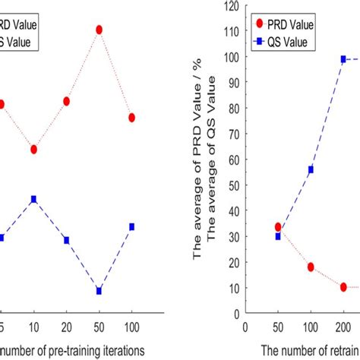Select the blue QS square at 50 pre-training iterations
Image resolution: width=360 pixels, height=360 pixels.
(x=99, y=291)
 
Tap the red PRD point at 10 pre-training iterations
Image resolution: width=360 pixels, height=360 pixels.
(x=34, y=149)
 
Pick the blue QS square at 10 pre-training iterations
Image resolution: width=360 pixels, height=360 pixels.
(x=34, y=199)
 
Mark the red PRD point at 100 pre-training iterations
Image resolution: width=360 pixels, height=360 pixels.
(x=132, y=118)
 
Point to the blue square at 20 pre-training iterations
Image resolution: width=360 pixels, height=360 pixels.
(x=67, y=240)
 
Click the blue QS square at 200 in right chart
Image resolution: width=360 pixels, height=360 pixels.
(x=343, y=59)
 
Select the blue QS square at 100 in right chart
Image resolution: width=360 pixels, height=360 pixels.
(x=311, y=169)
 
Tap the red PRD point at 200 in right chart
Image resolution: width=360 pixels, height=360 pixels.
(x=343, y=287)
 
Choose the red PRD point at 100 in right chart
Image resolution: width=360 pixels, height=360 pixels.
(x=311, y=267)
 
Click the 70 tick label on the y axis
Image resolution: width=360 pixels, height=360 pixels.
(x=232, y=134)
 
